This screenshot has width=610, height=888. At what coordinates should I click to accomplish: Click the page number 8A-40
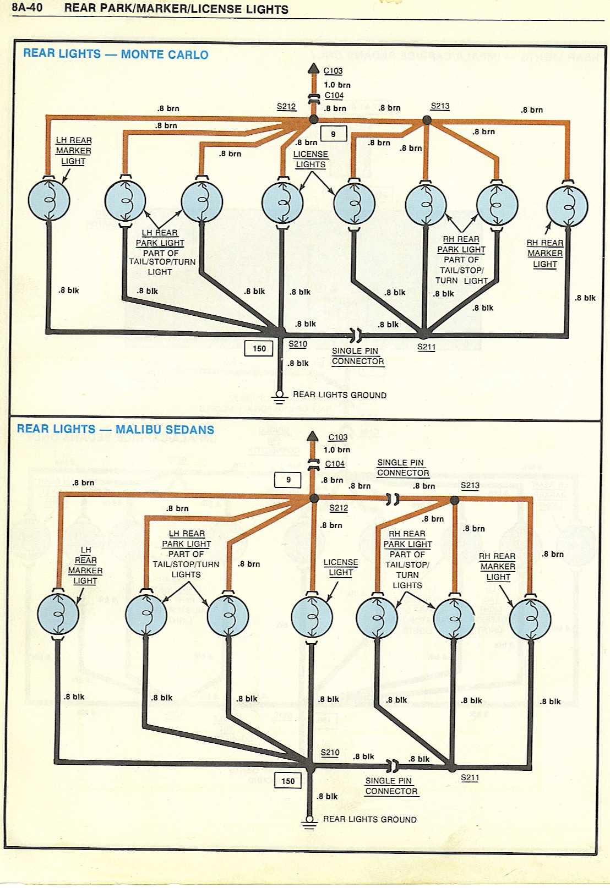pyautogui.click(x=27, y=8)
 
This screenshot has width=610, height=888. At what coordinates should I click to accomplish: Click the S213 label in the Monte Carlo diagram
pyautogui.click(x=440, y=106)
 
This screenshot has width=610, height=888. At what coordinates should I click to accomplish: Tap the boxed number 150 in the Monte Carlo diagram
pyautogui.click(x=259, y=348)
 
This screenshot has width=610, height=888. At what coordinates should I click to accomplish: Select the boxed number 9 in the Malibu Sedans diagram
pyautogui.click(x=288, y=480)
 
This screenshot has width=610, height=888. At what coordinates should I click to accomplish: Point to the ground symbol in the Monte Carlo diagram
pyautogui.click(x=279, y=397)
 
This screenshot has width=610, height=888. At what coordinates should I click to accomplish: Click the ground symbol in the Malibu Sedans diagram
pyautogui.click(x=309, y=822)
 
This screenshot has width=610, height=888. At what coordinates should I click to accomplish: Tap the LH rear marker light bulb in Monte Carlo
pyautogui.click(x=49, y=200)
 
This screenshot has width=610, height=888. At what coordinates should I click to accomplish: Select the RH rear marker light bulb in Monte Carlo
pyautogui.click(x=567, y=206)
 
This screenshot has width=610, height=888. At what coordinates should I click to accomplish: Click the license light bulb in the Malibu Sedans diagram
pyautogui.click(x=312, y=617)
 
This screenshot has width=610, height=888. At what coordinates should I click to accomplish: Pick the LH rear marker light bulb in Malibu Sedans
pyautogui.click(x=58, y=613)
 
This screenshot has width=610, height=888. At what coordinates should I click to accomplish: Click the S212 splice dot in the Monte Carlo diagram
pyautogui.click(x=314, y=119)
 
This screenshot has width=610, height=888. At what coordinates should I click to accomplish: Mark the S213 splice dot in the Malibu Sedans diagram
pyautogui.click(x=454, y=500)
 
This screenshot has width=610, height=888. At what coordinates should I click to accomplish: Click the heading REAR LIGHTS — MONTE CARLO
pyautogui.click(x=116, y=54)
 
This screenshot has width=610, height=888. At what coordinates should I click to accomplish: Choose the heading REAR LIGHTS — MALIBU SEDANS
pyautogui.click(x=115, y=429)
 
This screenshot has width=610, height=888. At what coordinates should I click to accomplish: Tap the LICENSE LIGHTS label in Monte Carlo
pyautogui.click(x=311, y=159)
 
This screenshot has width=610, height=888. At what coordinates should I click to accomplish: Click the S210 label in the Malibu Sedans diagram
pyautogui.click(x=330, y=752)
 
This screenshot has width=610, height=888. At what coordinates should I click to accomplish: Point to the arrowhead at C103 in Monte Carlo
pyautogui.click(x=313, y=69)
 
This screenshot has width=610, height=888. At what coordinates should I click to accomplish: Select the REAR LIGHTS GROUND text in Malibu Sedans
pyautogui.click(x=369, y=819)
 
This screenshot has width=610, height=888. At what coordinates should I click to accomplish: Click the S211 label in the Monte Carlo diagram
pyautogui.click(x=426, y=347)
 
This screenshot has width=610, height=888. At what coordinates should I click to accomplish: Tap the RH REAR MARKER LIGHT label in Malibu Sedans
pyautogui.click(x=497, y=566)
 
